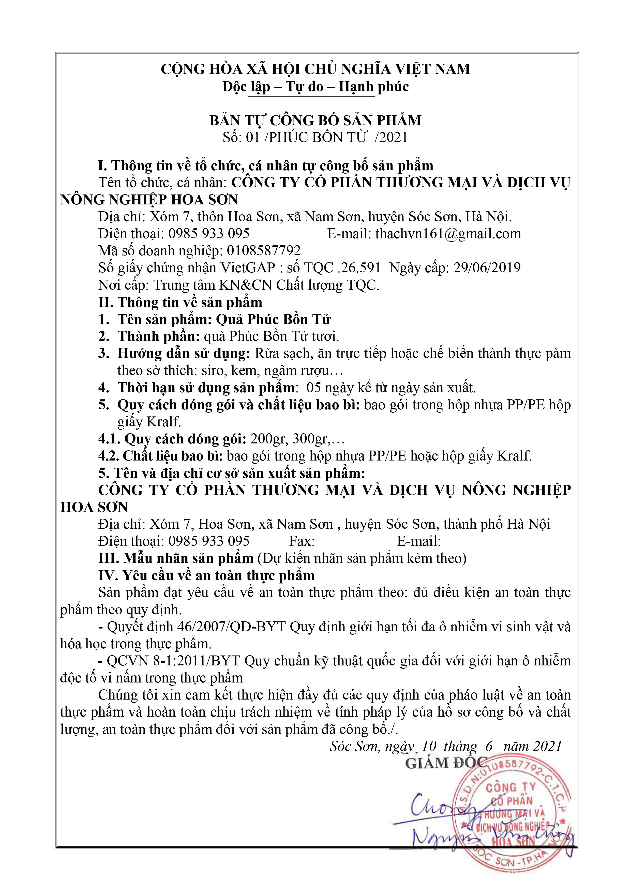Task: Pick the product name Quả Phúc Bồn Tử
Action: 273,320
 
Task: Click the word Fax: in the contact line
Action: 302,541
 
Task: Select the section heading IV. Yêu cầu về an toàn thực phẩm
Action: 206,576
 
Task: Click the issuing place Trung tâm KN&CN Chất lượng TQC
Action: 266,285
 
